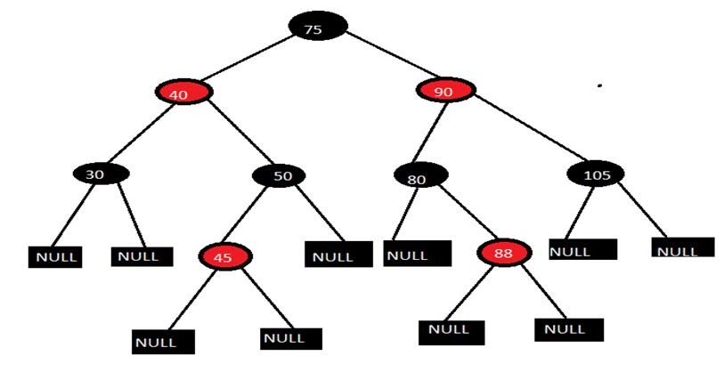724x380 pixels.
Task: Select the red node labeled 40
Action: pos(182,92)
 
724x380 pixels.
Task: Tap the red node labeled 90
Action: pos(444,90)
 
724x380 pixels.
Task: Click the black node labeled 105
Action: pos(596,174)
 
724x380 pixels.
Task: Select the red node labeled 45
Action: pos(227,257)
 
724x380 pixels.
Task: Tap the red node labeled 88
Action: pos(504,253)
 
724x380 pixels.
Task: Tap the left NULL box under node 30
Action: pos(55,257)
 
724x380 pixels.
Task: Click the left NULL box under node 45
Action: pos(163,341)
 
